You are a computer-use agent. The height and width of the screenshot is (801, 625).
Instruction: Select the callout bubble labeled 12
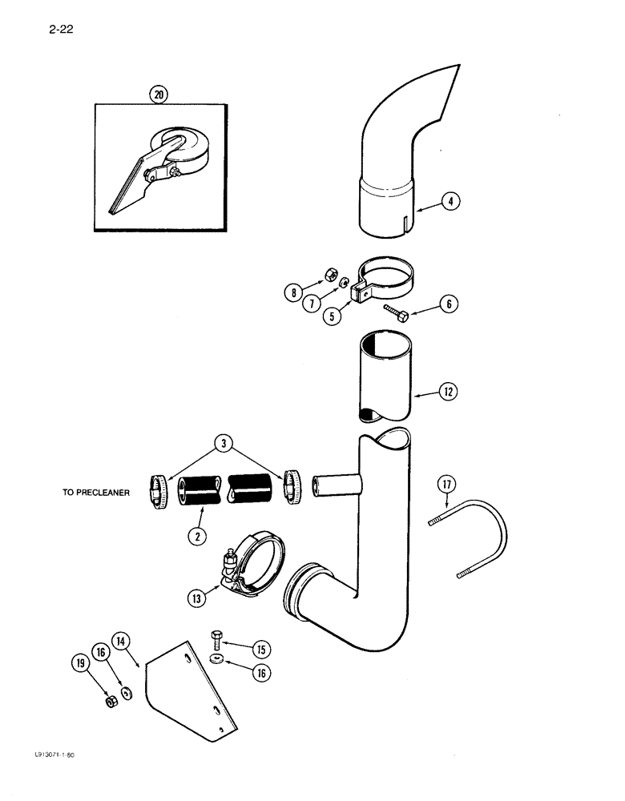point(450,392)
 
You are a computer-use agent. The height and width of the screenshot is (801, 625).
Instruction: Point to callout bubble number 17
point(446,484)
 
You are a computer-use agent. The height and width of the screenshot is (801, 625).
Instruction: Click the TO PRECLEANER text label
point(95,493)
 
